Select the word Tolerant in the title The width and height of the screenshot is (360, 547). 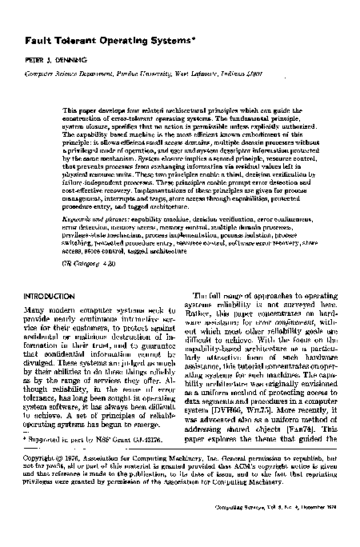click(x=70, y=39)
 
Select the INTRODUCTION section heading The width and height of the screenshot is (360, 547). click(x=50, y=297)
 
